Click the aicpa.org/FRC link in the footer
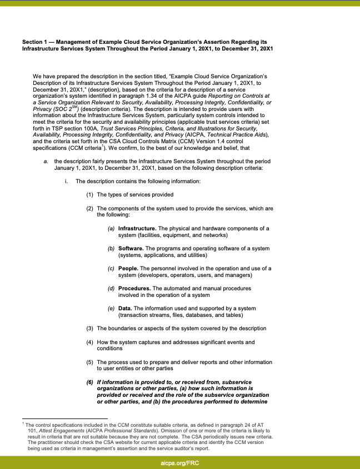[x=180, y=462]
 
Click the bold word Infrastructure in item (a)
[x=137, y=229]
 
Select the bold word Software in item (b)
[x=132, y=248]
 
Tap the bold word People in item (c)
[x=128, y=268]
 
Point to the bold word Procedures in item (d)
[x=134, y=289]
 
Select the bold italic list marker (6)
[x=89, y=382]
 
